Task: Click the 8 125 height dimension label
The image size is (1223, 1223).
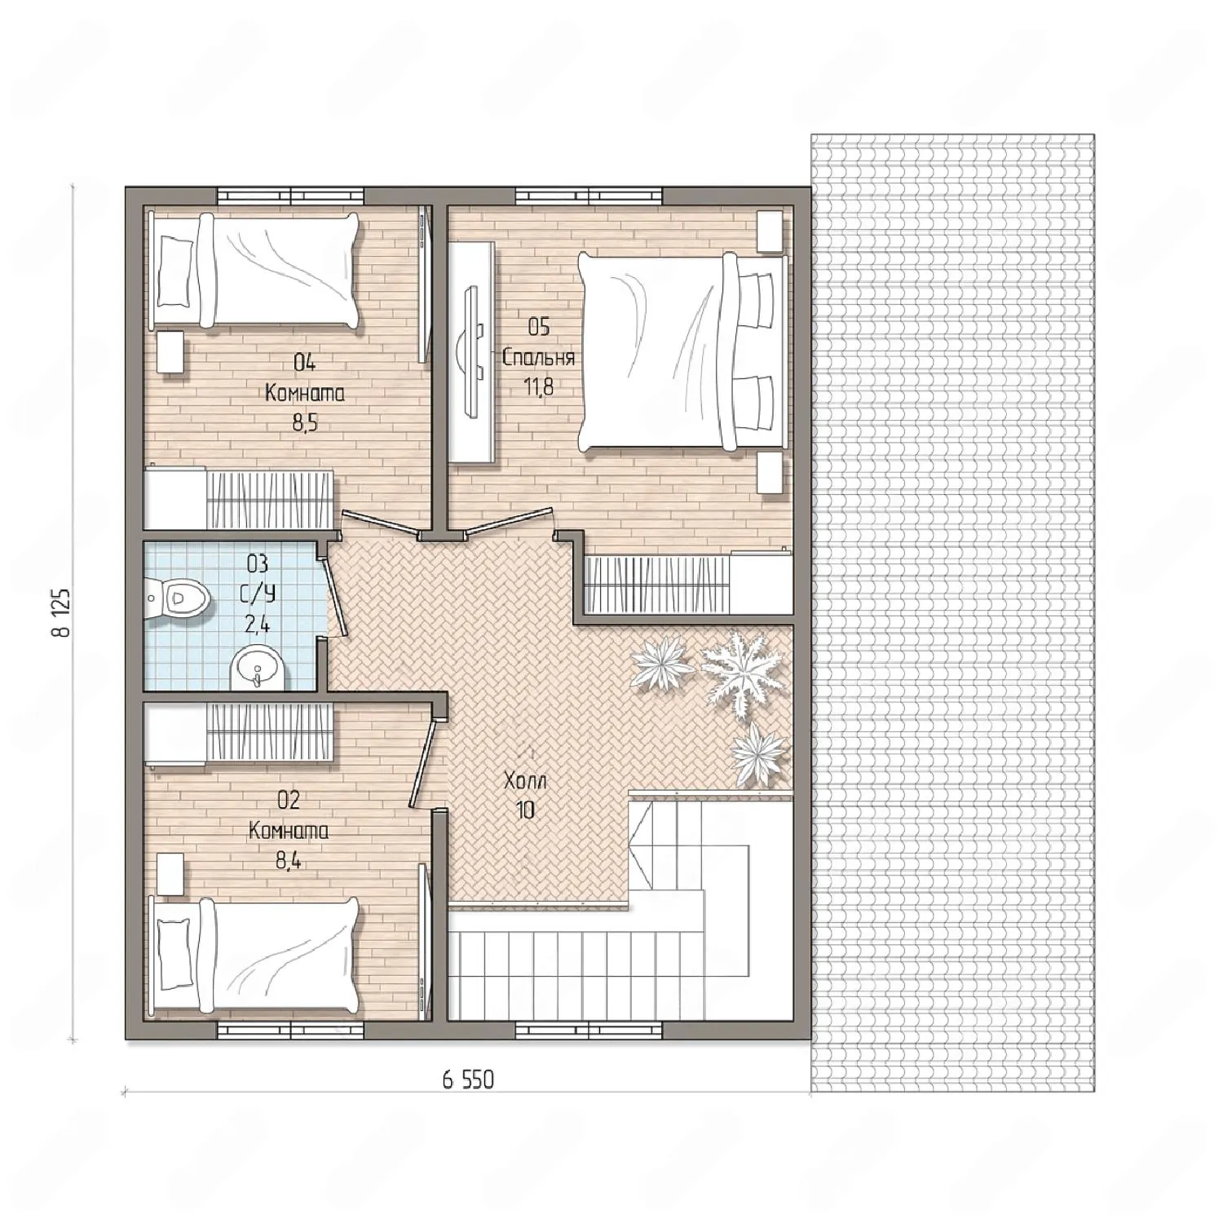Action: pyautogui.click(x=64, y=612)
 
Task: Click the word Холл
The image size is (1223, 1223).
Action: pyautogui.click(x=525, y=781)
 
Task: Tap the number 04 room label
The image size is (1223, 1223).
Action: pyautogui.click(x=305, y=362)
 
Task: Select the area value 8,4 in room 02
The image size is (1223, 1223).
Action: pyautogui.click(x=289, y=860)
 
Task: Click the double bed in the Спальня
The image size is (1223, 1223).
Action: pyautogui.click(x=682, y=351)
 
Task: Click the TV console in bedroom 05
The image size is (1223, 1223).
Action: pyautogui.click(x=473, y=353)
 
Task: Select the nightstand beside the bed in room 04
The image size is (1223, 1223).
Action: pyautogui.click(x=170, y=352)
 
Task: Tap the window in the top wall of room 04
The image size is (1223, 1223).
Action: pyautogui.click(x=289, y=196)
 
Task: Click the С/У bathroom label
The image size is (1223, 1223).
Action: pyautogui.click(x=259, y=593)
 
